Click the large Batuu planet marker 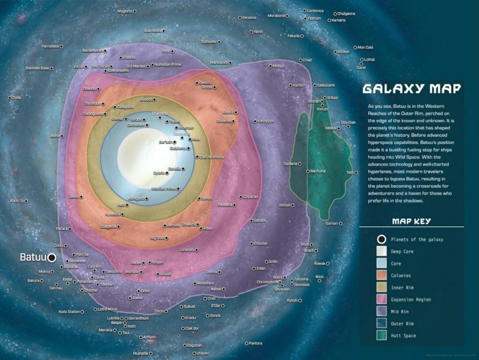pos(52,257)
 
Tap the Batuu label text pos(33,257)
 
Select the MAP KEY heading pos(411,221)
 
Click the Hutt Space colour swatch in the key pos(382,336)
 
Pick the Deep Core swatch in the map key pos(382,251)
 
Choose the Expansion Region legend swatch pos(382,300)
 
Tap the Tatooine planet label pos(301,279)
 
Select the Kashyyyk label pos(265,121)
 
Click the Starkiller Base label pos(37,68)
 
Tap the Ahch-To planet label pos(16,201)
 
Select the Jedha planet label pos(54,136)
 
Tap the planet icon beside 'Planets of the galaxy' pos(382,239)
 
